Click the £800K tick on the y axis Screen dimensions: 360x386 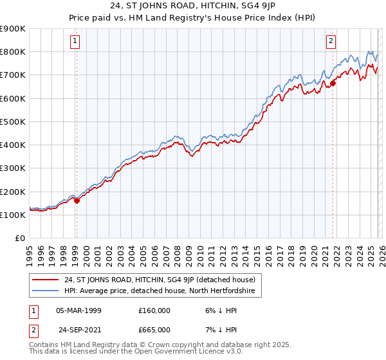pyautogui.click(x=13, y=51)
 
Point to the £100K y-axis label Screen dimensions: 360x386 pyautogui.click(x=13, y=215)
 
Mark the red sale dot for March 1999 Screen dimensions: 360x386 pyautogui.click(x=77, y=201)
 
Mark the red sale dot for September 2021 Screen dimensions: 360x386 pyautogui.click(x=333, y=82)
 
